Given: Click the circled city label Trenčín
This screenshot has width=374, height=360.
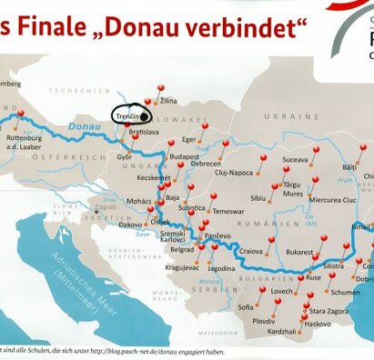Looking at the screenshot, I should [x=127, y=116].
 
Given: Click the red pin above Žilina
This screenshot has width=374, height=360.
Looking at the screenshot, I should [x=161, y=89].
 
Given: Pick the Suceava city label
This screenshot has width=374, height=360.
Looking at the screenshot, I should [x=296, y=159].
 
